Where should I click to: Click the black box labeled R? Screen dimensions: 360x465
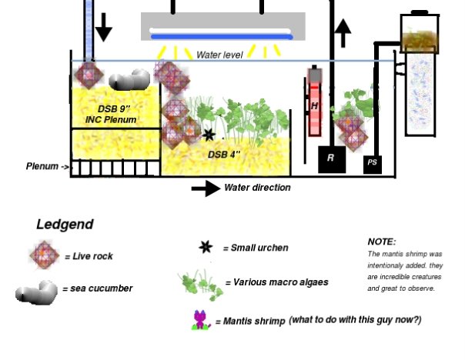(330, 158)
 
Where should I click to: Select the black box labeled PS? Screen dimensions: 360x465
(373, 163)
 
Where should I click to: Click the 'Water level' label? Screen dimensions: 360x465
(220, 55)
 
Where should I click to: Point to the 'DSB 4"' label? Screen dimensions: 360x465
(225, 154)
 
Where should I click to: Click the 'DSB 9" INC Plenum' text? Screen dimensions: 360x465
(111, 114)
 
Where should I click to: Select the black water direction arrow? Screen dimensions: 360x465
(205, 188)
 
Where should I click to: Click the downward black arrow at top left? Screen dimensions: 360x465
(103, 29)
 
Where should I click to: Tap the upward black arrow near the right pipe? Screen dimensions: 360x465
(343, 33)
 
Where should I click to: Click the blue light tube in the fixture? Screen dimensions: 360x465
(222, 35)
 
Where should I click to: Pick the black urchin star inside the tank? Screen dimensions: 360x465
(209, 136)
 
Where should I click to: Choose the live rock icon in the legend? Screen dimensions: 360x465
(45, 255)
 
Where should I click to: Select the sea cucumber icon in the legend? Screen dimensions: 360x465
(36, 291)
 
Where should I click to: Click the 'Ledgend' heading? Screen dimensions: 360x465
(65, 225)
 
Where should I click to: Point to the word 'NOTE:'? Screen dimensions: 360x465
(381, 242)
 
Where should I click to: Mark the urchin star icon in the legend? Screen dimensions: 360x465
(205, 247)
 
